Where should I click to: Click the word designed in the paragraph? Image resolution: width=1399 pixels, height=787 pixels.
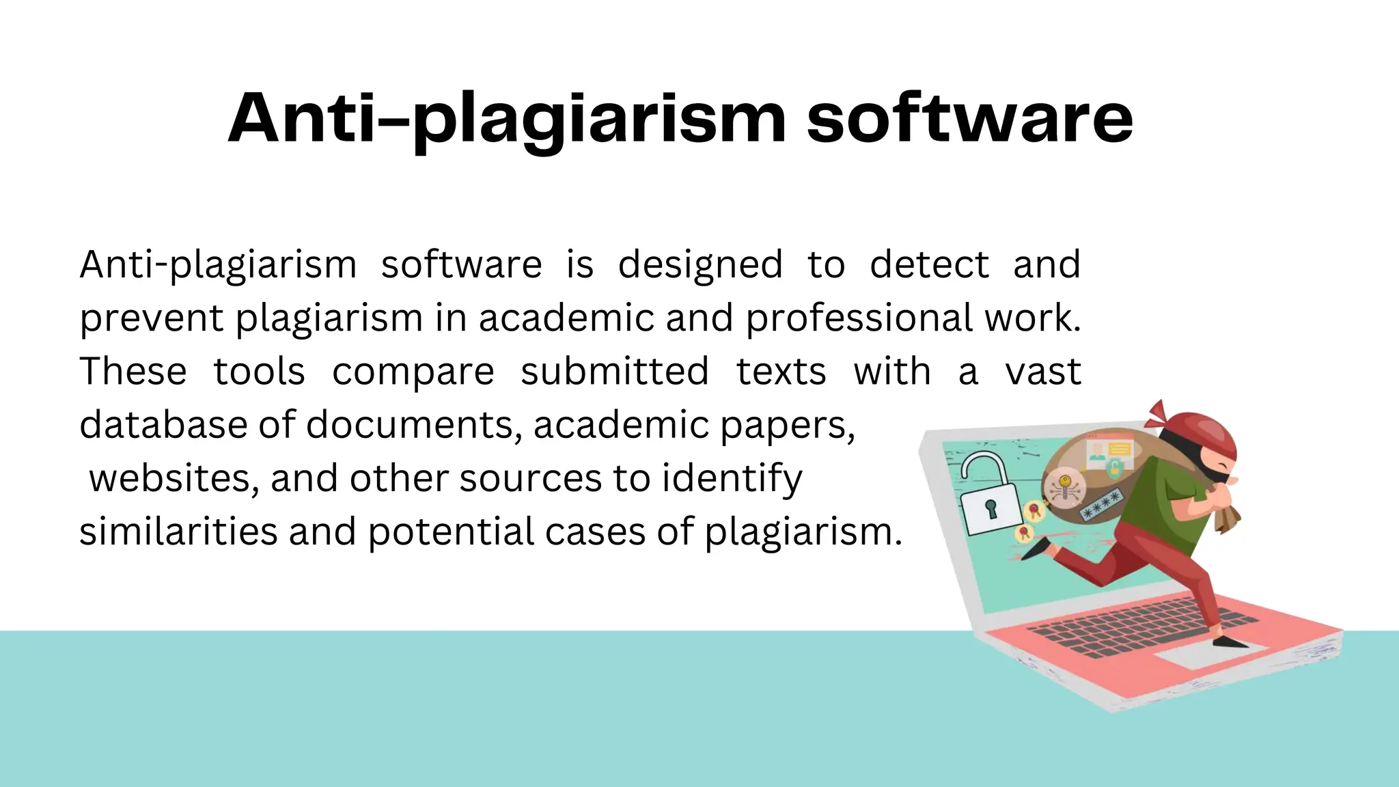tap(699, 264)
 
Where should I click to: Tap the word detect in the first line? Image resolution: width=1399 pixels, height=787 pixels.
tap(929, 264)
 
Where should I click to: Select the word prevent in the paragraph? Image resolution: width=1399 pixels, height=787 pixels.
tap(152, 318)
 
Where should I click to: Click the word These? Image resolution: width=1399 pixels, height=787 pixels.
tap(133, 372)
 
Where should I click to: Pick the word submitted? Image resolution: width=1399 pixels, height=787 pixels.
tap(614, 372)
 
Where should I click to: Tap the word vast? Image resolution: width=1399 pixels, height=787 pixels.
tap(1043, 372)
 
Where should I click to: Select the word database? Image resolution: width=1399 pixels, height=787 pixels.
tap(163, 425)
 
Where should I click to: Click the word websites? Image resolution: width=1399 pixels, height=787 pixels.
tap(174, 478)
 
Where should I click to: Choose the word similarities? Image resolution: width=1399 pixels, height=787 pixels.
tap(178, 531)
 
